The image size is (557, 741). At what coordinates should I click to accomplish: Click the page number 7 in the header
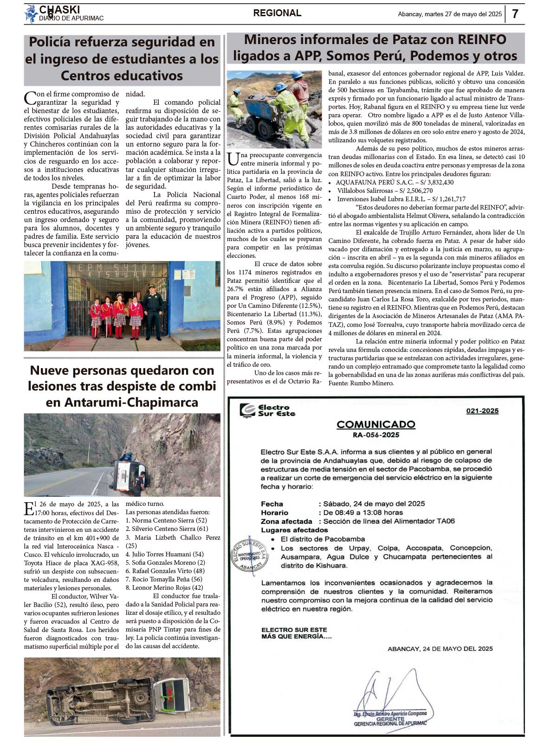pos(515,14)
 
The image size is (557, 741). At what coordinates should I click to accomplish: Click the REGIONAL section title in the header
pos(277,13)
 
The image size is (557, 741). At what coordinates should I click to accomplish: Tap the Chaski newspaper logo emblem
pos(31,14)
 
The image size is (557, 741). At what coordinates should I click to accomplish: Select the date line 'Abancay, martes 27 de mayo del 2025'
pos(449,14)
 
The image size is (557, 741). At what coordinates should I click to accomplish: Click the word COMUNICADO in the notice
pos(376,424)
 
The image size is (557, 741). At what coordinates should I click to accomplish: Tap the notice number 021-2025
pos(482,411)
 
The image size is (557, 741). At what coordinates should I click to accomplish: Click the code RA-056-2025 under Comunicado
pos(376,435)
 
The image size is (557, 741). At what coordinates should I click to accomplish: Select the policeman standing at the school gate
pos(153,311)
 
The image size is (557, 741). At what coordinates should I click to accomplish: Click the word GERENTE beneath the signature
pos(390,719)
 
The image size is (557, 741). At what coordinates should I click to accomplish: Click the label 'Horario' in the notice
pos(274,513)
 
